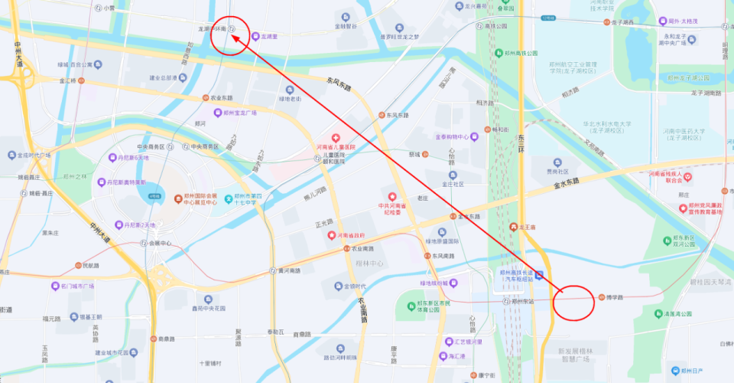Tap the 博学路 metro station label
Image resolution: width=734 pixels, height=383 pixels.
pyautogui.click(x=615, y=297)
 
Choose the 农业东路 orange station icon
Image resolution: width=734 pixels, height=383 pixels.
pyautogui.click(x=206, y=98)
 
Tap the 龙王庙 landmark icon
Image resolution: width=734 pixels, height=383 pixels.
pyautogui.click(x=513, y=227)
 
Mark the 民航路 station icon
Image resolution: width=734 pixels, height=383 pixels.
pyautogui.click(x=77, y=265)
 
